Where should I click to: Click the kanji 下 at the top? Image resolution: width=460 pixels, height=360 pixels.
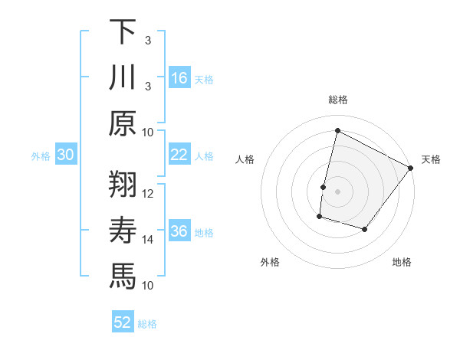[x=123, y=33]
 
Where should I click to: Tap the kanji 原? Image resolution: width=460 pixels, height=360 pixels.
[x=123, y=123]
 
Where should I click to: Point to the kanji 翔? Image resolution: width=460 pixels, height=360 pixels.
[x=123, y=185]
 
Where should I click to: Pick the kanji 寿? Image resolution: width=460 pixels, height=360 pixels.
[x=123, y=231]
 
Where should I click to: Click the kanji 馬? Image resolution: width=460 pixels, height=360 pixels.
[x=123, y=276]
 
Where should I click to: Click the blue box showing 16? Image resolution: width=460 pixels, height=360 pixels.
[x=179, y=78]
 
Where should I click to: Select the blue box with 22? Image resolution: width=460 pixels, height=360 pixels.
[x=179, y=155]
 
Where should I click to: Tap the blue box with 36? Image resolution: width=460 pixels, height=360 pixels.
[x=179, y=231]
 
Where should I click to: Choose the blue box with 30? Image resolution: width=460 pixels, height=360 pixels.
[x=66, y=155]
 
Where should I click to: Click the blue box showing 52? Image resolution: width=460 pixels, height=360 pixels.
[x=123, y=322]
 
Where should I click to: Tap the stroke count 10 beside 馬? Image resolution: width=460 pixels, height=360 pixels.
[x=148, y=285]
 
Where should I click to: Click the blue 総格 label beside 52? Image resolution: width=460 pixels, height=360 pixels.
[x=147, y=324]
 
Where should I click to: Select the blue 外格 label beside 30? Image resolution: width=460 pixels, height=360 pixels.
[x=41, y=156]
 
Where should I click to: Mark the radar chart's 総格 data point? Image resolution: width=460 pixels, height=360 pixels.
[x=337, y=130]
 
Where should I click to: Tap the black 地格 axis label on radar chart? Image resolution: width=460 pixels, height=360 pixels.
[x=402, y=263]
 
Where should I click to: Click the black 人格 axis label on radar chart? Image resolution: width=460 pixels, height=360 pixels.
[x=245, y=159]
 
